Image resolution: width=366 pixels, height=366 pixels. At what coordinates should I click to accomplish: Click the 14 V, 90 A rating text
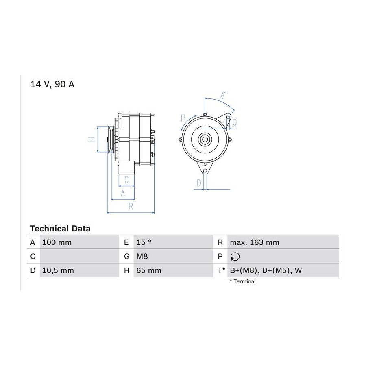coord(52,84)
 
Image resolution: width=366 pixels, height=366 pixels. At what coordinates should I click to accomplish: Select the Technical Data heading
coord(60,229)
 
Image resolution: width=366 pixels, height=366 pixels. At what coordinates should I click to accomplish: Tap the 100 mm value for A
coord(57,242)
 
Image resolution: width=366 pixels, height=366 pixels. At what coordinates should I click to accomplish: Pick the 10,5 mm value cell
coord(58,270)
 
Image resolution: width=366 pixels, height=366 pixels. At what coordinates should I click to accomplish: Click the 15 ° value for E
coord(144,242)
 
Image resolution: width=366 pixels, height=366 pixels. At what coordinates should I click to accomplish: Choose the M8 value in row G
coord(142,257)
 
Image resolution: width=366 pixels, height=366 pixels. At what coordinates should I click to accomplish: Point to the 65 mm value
coord(149,270)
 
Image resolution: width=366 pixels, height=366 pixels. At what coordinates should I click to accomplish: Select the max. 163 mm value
coord(255,242)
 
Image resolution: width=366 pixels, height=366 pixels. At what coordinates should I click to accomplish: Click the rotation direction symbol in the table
coord(235,257)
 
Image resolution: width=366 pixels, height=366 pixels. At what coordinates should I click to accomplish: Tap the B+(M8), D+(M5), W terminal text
coord(266,270)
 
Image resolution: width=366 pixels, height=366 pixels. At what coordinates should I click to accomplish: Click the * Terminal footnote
coord(243,281)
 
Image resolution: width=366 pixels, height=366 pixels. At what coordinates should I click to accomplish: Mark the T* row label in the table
coord(221,270)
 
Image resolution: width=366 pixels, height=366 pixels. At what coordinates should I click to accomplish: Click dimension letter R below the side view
coord(131,206)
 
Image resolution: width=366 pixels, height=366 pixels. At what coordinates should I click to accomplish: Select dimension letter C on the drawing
coord(126,180)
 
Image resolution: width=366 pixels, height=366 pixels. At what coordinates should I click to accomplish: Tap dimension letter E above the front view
coord(223,96)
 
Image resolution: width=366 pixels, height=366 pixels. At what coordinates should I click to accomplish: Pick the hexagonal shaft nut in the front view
coord(205,139)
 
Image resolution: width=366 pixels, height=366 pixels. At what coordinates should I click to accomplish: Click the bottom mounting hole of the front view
coord(205,171)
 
